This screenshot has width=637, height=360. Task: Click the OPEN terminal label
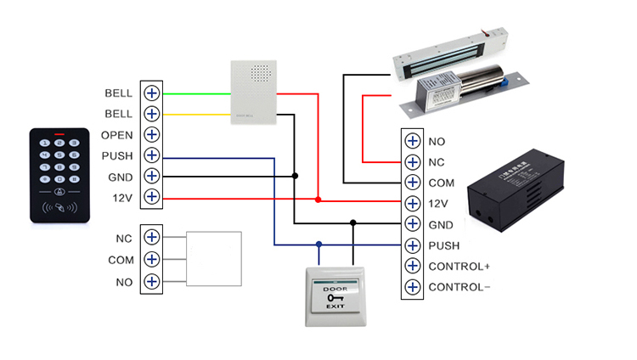116,135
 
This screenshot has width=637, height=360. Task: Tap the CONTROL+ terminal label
459,267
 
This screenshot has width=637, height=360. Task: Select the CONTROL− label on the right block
459,287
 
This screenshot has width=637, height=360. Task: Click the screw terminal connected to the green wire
152,93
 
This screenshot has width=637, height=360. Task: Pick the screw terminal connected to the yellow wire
152,114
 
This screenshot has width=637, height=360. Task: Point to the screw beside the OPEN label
152,135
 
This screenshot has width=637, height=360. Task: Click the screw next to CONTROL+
412,267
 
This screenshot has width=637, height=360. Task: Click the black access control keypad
59,175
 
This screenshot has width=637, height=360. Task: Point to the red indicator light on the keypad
59,134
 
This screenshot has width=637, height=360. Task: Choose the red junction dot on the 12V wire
318,200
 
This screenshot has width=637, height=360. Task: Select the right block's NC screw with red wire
412,162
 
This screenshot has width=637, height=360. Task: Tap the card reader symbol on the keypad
60,205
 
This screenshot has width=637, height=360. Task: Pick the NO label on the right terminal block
437,142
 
